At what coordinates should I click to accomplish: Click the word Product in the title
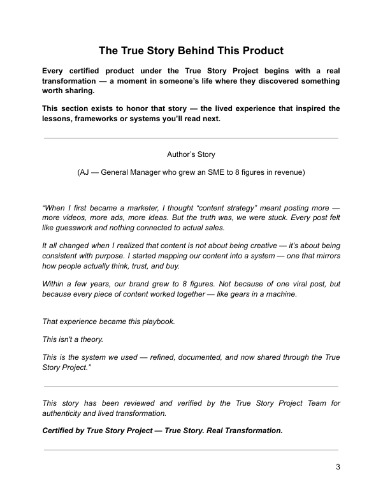pos(259,50)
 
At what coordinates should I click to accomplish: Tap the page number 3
pos(338,467)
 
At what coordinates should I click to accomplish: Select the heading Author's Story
pos(191,154)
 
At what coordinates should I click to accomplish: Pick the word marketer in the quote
pos(133,207)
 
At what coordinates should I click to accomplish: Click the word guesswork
pos(72,228)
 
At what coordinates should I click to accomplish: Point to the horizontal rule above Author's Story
pos(191,138)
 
